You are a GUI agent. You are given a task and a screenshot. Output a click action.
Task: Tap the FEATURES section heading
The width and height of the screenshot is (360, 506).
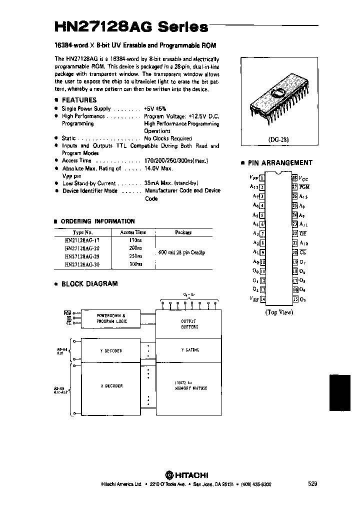[x=79, y=100]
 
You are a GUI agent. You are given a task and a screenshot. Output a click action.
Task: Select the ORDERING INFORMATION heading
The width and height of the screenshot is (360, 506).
[x=97, y=221]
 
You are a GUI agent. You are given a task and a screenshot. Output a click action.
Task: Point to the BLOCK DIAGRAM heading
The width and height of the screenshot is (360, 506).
[x=89, y=283]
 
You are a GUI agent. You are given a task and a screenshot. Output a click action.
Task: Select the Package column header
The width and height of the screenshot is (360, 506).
[x=183, y=232]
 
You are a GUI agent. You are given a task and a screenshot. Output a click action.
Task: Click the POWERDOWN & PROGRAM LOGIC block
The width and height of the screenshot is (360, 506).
[x=111, y=318]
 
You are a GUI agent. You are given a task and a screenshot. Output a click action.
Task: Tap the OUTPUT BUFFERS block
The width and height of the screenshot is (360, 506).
[x=189, y=323]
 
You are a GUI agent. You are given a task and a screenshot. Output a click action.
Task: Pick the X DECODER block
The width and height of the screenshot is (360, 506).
[x=111, y=386]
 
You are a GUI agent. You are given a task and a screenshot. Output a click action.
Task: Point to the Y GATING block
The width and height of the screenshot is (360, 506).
[x=189, y=350]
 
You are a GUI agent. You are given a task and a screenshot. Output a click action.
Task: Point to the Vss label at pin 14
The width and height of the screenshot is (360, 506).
[x=254, y=299]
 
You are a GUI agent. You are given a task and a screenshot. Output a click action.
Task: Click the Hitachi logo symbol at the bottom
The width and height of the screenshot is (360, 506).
[x=170, y=474]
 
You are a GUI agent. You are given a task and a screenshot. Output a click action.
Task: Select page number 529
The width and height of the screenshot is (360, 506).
[x=312, y=484]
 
